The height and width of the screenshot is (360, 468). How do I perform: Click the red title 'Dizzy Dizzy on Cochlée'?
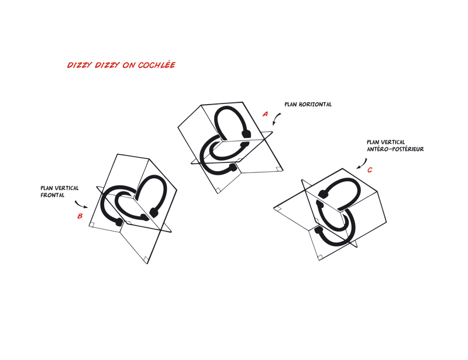[x=121, y=65]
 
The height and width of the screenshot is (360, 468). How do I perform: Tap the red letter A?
[x=265, y=114]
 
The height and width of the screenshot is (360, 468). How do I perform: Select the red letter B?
[x=80, y=216]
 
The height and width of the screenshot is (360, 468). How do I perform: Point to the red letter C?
[x=370, y=170]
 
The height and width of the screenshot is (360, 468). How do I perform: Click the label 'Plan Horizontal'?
[x=308, y=105]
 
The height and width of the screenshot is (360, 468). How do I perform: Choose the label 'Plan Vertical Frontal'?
[x=60, y=192]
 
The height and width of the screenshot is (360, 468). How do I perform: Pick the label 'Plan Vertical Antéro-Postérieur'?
[x=395, y=146]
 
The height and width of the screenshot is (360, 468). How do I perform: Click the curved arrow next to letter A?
[x=276, y=119]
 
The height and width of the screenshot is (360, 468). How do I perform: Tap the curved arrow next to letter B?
[x=81, y=205]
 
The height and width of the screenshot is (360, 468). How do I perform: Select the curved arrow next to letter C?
[x=362, y=164]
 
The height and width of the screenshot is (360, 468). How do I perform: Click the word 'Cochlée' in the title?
[x=156, y=65]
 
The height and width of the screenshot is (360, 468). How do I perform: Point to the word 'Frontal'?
[x=52, y=195]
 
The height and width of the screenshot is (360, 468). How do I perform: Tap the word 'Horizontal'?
[x=315, y=105]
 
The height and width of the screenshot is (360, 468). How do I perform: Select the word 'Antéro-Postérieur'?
[x=395, y=149]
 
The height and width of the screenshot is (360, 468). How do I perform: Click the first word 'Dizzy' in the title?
[x=79, y=65]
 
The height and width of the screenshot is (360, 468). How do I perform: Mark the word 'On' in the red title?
[x=129, y=65]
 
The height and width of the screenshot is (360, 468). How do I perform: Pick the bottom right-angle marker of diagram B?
[x=146, y=259]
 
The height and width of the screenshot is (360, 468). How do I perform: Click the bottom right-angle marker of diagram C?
[x=319, y=257]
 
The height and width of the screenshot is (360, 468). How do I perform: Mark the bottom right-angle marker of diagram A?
[x=218, y=191]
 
